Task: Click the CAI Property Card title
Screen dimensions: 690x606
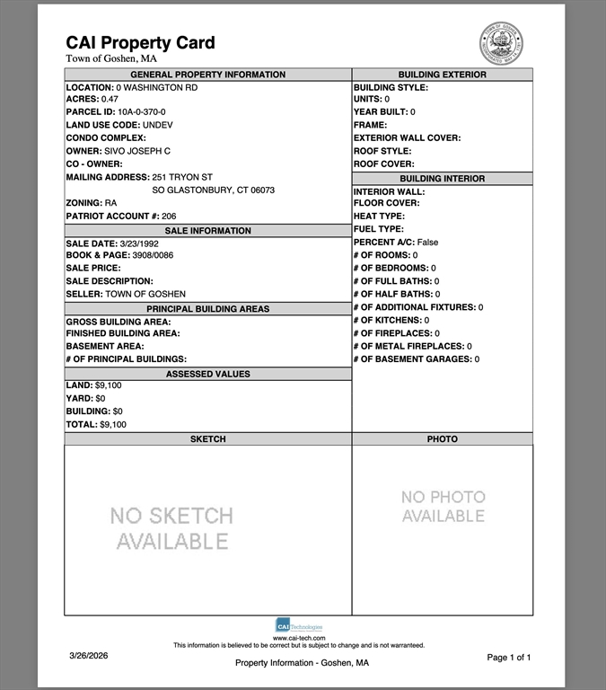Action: (x=140, y=42)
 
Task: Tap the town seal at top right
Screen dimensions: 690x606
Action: (x=501, y=43)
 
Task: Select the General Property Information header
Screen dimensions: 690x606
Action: (x=207, y=75)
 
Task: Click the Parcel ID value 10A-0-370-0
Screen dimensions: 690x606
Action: (x=141, y=112)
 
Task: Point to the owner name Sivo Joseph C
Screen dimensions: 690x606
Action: (x=136, y=151)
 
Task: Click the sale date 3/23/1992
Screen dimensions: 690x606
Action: (x=138, y=243)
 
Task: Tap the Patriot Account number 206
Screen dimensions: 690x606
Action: (x=169, y=217)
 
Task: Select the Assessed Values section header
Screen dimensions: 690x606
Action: (x=207, y=374)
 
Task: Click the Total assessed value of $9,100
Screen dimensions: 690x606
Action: (x=112, y=424)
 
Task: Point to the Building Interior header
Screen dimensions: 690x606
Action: (x=442, y=179)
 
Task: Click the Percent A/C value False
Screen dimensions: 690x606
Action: (x=427, y=243)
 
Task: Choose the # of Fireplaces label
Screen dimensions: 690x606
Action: (x=392, y=333)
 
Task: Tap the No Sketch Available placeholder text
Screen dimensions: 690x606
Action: (x=171, y=528)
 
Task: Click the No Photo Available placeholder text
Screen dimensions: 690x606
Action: (x=443, y=506)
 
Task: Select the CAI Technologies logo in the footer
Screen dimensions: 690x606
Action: (x=299, y=625)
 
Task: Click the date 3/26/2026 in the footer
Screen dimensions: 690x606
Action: (x=88, y=657)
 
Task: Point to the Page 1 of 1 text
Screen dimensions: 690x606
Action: (x=508, y=658)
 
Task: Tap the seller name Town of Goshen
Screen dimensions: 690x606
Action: (x=145, y=295)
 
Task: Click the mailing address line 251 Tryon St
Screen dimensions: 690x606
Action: (x=182, y=177)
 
